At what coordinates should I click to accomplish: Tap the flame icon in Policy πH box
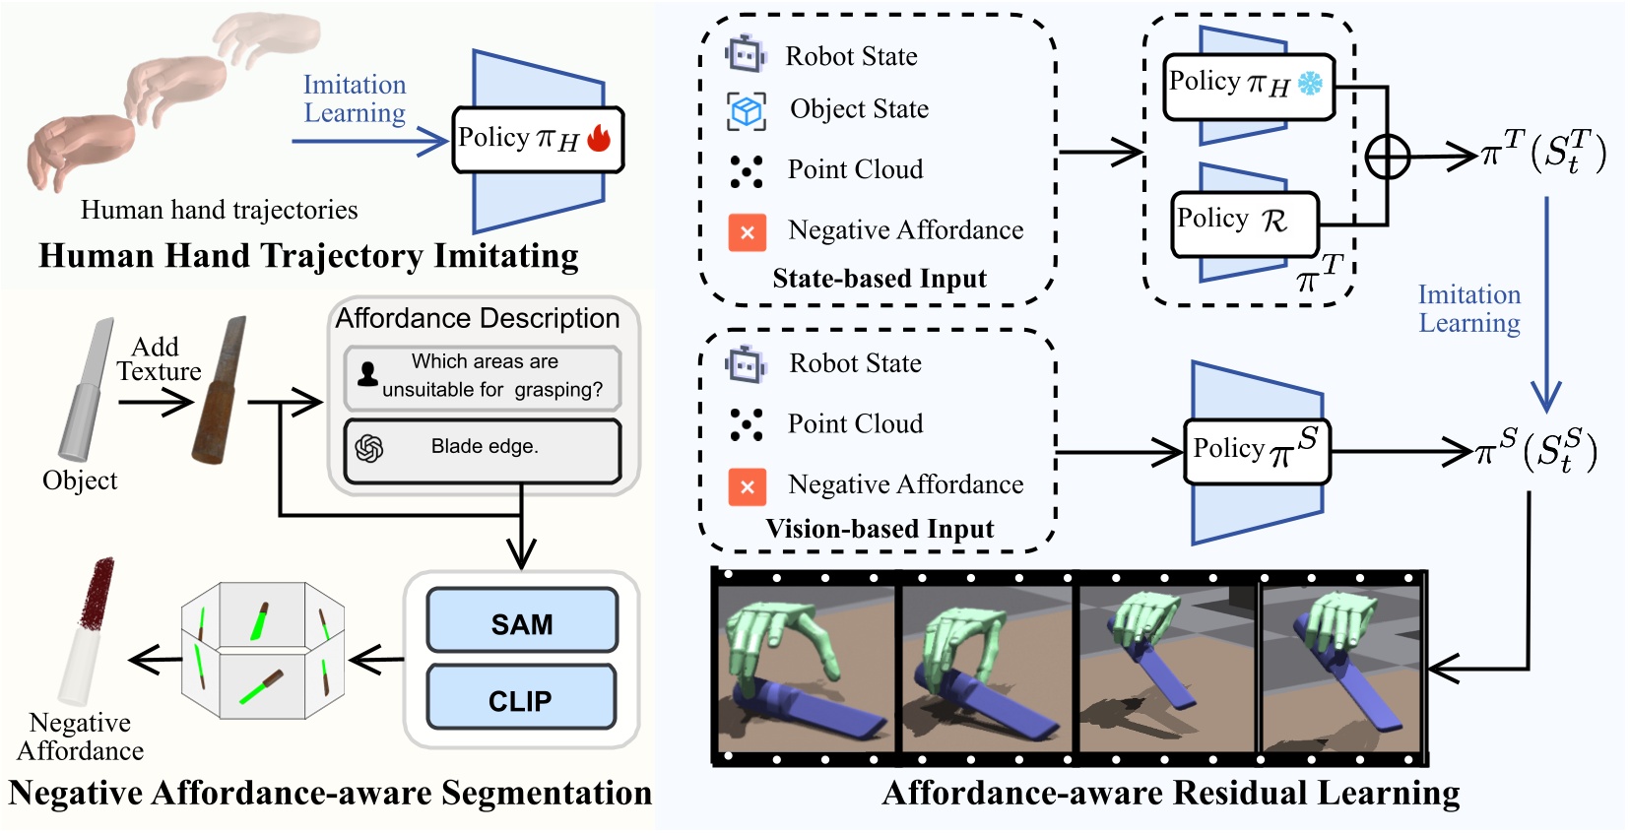[x=599, y=138]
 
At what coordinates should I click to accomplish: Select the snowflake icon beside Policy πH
[x=1310, y=84]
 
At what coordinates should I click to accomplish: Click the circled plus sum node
[x=1387, y=157]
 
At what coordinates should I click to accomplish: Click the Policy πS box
[x=1257, y=451]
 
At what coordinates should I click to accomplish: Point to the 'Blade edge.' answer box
[x=483, y=450]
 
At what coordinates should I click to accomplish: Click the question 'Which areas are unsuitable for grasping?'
[x=483, y=376]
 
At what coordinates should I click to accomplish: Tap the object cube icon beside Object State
[x=747, y=110]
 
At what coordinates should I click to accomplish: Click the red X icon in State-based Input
[x=748, y=233]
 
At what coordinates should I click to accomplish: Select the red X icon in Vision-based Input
[x=748, y=486]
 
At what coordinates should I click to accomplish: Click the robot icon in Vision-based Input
[x=746, y=365]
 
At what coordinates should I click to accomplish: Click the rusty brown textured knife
[x=219, y=392]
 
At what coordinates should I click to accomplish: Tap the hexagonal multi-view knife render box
[x=262, y=650]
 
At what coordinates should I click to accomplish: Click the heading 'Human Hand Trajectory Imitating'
[x=308, y=256]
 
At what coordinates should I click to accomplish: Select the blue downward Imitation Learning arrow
[x=1545, y=305]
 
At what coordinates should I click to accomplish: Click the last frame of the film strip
[x=1342, y=670]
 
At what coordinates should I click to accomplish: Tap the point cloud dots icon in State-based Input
[x=747, y=171]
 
